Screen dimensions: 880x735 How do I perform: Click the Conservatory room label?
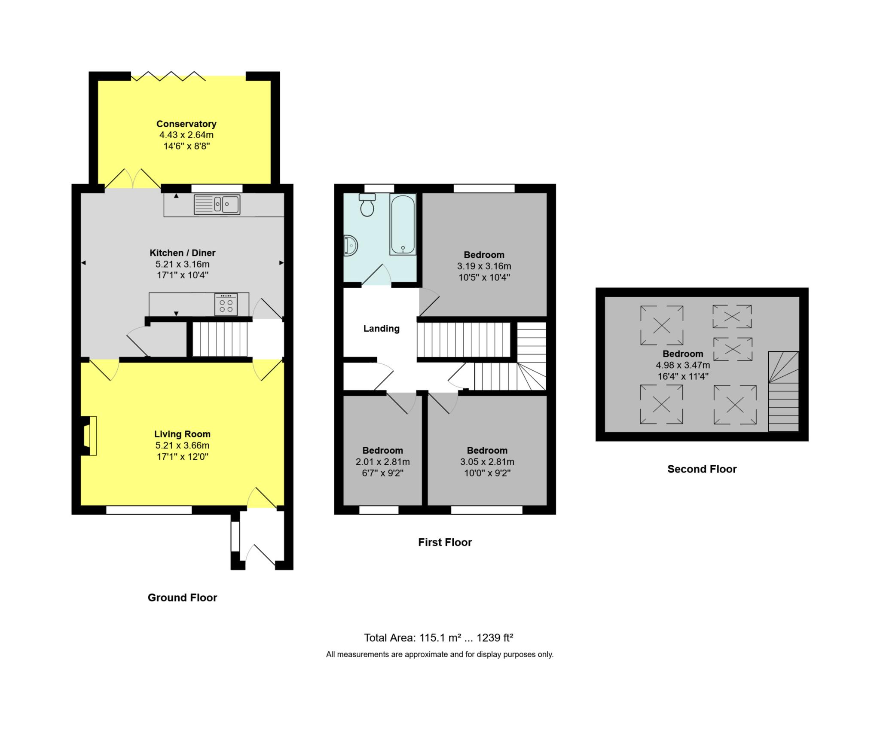pyautogui.click(x=186, y=124)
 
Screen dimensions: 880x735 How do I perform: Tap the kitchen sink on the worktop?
pyautogui.click(x=217, y=204)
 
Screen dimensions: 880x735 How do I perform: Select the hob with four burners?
pyautogui.click(x=226, y=304)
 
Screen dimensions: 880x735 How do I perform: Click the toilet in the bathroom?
pyautogui.click(x=367, y=204)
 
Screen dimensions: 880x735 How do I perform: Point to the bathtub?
pyautogui.click(x=403, y=224)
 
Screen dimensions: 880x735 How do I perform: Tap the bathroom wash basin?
pyautogui.click(x=350, y=246)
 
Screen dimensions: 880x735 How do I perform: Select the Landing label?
pyautogui.click(x=382, y=329)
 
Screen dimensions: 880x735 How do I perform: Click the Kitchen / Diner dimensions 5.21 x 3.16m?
pyautogui.click(x=183, y=264)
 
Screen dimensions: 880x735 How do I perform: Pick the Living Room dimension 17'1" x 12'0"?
pyautogui.click(x=183, y=457)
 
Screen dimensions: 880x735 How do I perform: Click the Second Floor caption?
pyautogui.click(x=702, y=469)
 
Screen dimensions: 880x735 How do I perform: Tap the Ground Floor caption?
pyautogui.click(x=183, y=598)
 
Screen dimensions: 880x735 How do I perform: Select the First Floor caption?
pyautogui.click(x=445, y=542)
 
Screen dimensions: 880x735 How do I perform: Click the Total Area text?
pyautogui.click(x=439, y=638)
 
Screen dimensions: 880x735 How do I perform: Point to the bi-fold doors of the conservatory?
pyautogui.click(x=168, y=76)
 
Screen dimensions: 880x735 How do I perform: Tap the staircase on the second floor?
pyautogui.click(x=783, y=391)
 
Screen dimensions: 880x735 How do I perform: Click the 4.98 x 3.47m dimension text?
pyautogui.click(x=683, y=365)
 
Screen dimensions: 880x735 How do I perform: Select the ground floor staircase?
pyautogui.click(x=220, y=339)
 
